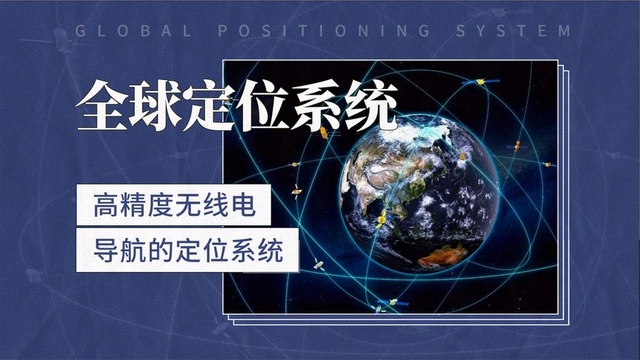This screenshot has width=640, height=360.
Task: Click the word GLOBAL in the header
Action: click(134, 31)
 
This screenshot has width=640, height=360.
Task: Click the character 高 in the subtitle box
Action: click(104, 205)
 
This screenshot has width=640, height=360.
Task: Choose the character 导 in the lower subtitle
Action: click(104, 251)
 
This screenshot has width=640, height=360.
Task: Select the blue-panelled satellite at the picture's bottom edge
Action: click(392, 302)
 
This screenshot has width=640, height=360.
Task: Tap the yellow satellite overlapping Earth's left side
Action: click(382, 220)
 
